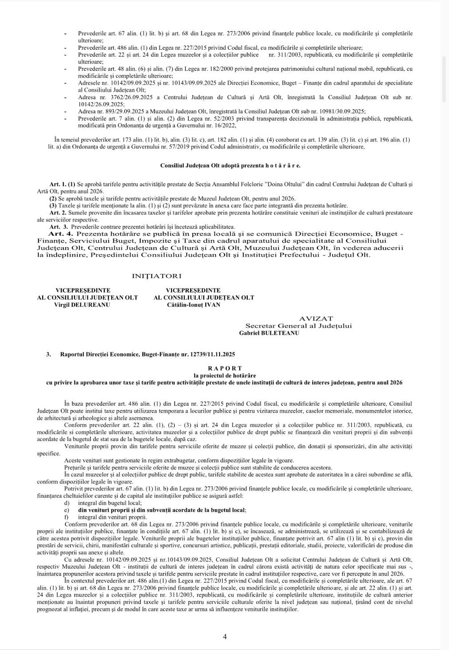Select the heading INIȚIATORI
coord(157,276)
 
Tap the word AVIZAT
coord(316,318)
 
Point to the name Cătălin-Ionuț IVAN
coord(193,305)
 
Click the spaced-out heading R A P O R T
coord(224,368)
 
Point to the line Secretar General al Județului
coord(299,326)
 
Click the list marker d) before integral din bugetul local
coord(67,503)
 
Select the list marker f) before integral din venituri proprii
coord(67,517)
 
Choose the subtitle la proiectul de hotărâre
coord(224,375)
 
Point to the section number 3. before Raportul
coord(49,354)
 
